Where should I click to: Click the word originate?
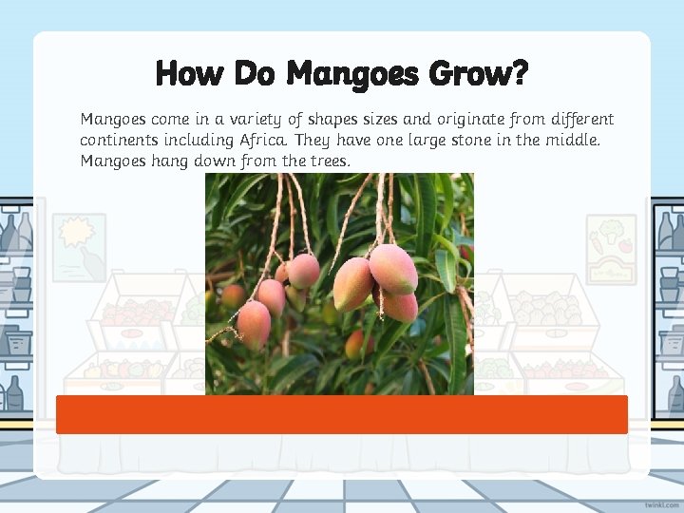tap(460, 120)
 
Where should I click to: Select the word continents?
tap(118, 141)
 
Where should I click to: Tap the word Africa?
tap(263, 141)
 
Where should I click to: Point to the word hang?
tap(172, 161)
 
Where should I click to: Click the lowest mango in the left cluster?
tap(254, 322)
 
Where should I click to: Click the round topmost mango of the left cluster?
tap(303, 271)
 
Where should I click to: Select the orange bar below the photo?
tap(342, 415)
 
